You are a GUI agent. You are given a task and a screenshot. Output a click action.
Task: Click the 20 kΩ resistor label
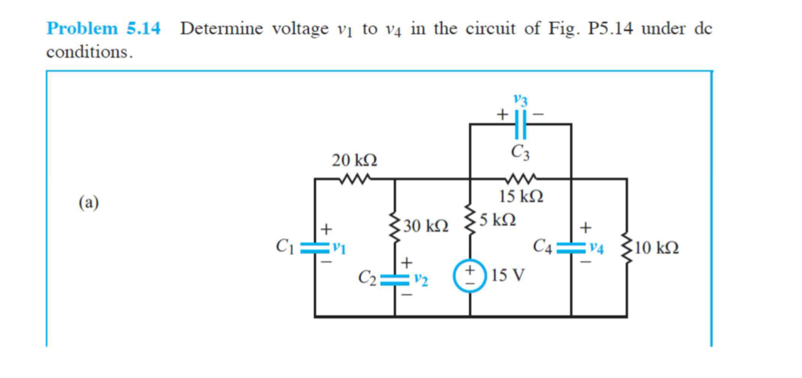coord(355,160)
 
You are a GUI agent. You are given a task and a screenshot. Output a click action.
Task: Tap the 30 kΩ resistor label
coord(426,226)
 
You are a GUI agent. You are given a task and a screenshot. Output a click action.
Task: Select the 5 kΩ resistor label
coord(498,220)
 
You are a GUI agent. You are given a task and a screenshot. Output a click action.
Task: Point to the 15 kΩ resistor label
coord(521,196)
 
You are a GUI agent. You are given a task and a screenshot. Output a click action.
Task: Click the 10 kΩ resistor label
coord(658,249)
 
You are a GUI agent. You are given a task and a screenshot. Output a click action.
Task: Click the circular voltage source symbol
coord(470,276)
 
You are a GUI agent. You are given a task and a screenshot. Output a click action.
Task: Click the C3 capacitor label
coord(521,153)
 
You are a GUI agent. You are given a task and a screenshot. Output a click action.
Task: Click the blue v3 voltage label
coord(521,101)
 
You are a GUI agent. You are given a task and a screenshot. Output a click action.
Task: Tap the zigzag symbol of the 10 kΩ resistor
coord(627,248)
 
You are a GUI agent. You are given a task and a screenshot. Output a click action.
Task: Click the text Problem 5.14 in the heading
coord(104,28)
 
